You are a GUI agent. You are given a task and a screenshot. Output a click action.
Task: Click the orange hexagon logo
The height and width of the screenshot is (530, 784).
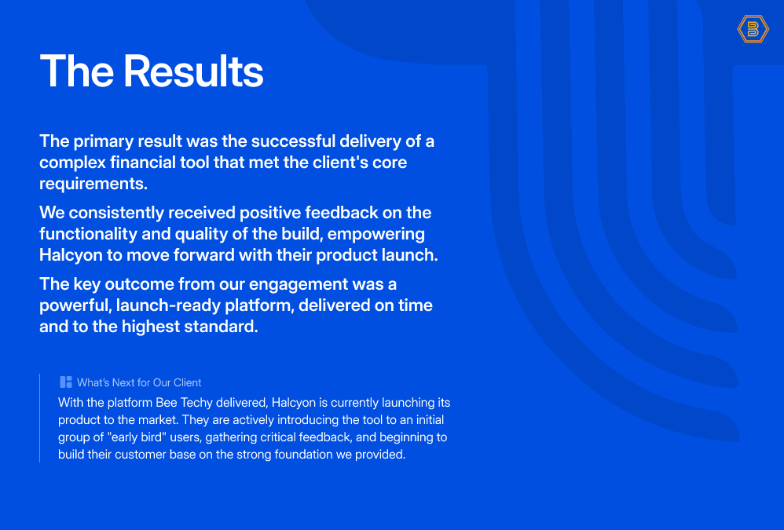753,29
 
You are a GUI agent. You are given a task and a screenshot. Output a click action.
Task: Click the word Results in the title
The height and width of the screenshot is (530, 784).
193,71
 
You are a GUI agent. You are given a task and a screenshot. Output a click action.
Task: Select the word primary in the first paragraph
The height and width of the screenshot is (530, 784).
104,142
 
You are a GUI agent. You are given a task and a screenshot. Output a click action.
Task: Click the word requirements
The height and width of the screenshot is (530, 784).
93,185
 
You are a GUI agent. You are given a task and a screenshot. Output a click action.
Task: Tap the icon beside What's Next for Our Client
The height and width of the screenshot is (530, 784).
65,382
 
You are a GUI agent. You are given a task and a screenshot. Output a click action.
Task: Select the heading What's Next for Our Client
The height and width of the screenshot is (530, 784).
139,382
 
